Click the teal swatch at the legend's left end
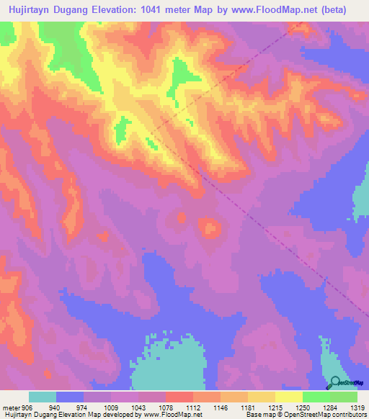(43, 397)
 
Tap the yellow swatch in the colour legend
(289, 397)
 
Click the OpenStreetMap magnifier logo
(334, 384)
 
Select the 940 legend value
(53, 407)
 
